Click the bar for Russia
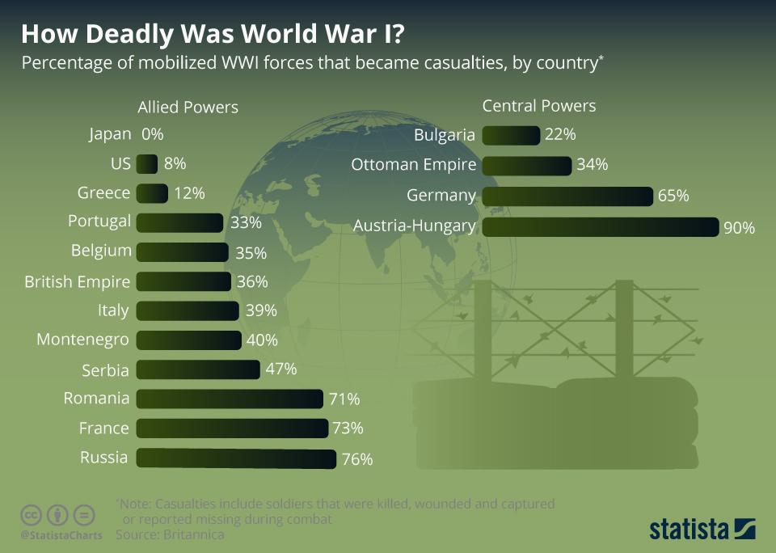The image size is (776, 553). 236,458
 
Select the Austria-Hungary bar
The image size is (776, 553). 600,226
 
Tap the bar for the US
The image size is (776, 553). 147,164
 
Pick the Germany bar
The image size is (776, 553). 567,196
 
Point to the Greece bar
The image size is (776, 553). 152,193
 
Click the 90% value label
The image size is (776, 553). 739,228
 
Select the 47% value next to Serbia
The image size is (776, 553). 281,369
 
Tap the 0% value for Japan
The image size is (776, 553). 152,134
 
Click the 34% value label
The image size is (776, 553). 592,165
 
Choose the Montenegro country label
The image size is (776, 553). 82,340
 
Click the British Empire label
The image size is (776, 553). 77,281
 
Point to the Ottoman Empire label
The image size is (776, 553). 413,165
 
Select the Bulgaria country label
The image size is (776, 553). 444,135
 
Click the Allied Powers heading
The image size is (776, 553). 188,107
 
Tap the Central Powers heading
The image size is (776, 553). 538,106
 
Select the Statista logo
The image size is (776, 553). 702,530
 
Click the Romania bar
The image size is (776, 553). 230,399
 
